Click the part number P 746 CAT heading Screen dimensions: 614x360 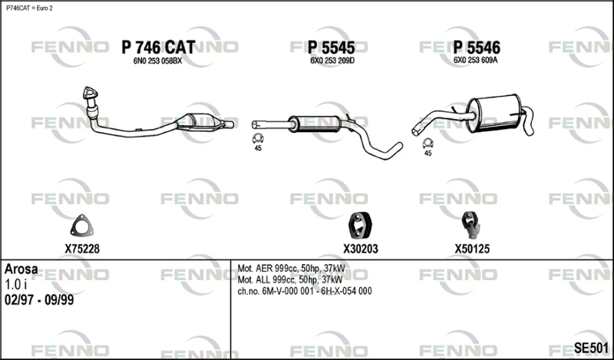(158, 48)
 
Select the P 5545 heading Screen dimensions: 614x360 (332, 48)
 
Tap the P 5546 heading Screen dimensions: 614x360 (477, 48)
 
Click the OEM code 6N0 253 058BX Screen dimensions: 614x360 (158, 61)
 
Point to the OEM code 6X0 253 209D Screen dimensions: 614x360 (332, 61)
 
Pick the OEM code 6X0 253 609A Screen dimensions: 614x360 (475, 61)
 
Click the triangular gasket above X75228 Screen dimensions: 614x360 (82, 226)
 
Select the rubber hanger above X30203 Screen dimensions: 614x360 (360, 225)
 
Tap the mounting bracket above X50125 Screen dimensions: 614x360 (470, 225)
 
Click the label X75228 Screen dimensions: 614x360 (82, 249)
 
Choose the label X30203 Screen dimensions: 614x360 (361, 249)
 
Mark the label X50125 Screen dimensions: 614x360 (472, 249)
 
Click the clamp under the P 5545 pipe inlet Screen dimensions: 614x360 (258, 138)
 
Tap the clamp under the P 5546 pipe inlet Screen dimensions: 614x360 (428, 144)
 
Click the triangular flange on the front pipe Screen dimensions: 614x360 (90, 93)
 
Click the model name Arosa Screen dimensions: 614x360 (21, 269)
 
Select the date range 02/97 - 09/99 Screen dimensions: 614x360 (39, 300)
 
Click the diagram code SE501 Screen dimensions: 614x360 (591, 348)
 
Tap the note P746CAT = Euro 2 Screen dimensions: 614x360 (29, 8)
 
